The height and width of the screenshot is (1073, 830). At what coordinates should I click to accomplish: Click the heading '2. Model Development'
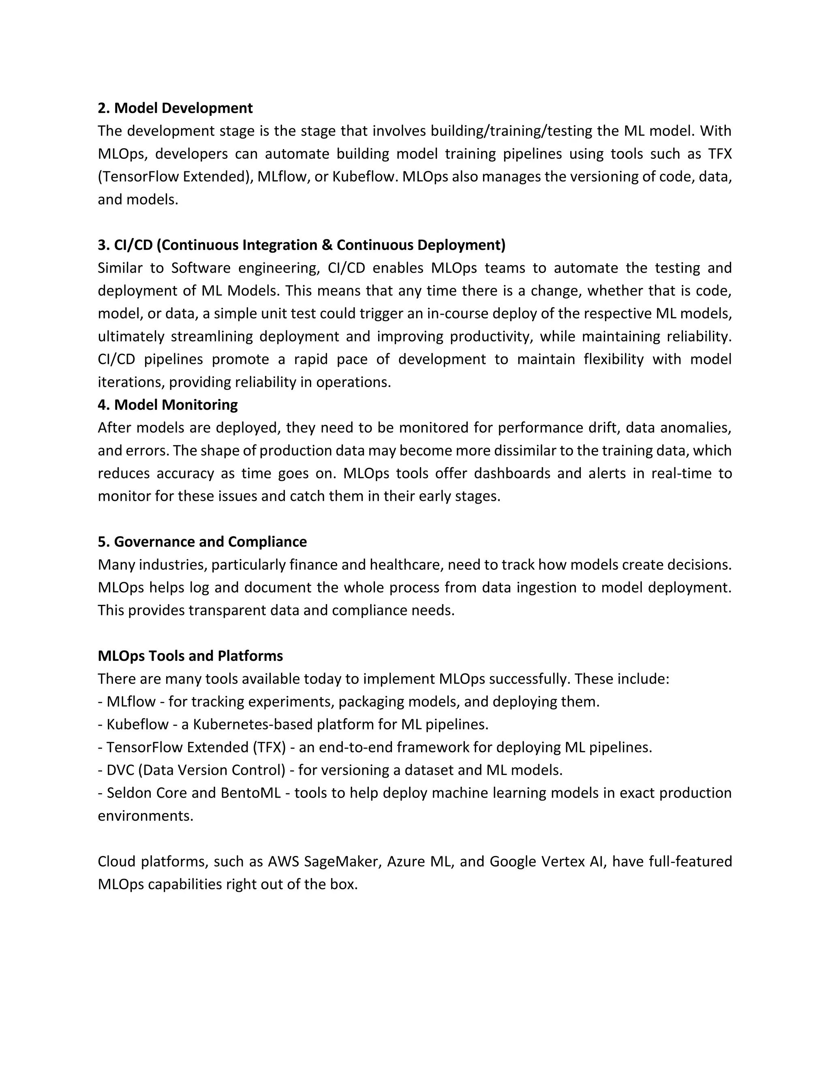tap(175, 108)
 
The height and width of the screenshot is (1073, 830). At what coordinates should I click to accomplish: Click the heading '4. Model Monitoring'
tap(167, 405)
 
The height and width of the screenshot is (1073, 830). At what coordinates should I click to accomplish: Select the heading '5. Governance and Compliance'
tap(202, 542)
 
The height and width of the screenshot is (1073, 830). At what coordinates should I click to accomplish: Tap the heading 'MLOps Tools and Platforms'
tap(190, 656)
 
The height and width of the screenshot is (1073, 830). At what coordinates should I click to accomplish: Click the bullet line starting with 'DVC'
tap(330, 770)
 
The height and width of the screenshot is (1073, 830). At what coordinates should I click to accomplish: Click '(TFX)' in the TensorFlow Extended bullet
tap(270, 747)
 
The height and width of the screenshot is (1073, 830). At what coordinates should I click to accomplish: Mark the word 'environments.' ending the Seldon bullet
tap(145, 815)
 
